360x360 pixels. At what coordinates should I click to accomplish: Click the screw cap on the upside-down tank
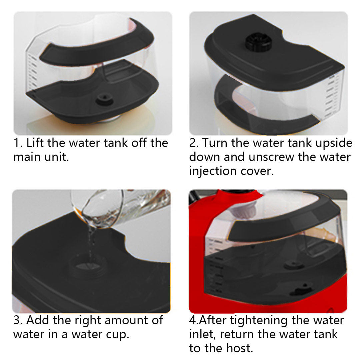click(259, 42)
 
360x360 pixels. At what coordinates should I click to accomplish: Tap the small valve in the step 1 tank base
click(104, 99)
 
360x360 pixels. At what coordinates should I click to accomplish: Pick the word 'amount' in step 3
click(133, 320)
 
